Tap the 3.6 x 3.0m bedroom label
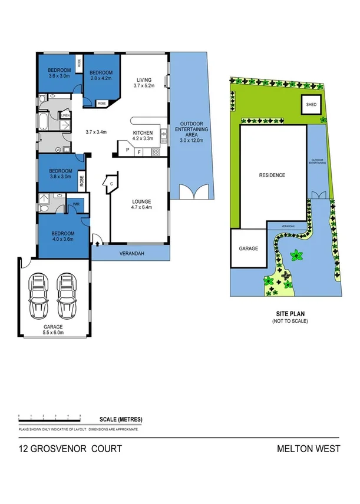click(x=59, y=72)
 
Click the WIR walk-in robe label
click(x=76, y=204)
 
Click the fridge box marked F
click(x=140, y=152)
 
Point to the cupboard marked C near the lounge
click(x=110, y=184)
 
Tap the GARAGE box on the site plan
click(x=248, y=248)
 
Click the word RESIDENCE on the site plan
click(x=272, y=175)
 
